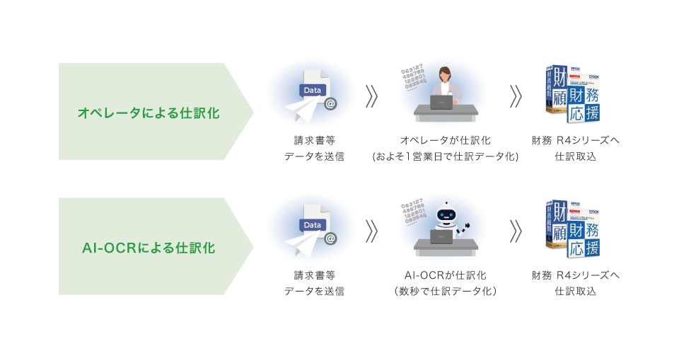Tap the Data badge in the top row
pyautogui.click(x=312, y=90)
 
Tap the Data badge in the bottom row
pyautogui.click(x=312, y=225)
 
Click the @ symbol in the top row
pyautogui.click(x=330, y=104)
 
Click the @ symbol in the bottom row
pyautogui.click(x=330, y=238)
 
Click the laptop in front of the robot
pyautogui.click(x=441, y=237)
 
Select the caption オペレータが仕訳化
pyautogui.click(x=445, y=141)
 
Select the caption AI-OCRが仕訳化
pyautogui.click(x=445, y=275)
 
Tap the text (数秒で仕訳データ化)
pyautogui.click(x=445, y=292)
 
